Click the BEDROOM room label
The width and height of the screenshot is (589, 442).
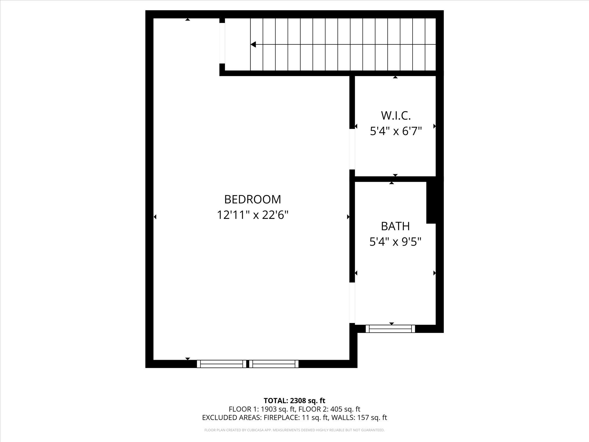click(253, 199)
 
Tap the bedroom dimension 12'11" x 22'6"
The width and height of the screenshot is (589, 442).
click(252, 215)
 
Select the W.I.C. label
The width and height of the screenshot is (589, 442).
click(396, 116)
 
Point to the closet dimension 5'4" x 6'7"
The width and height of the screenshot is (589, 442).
click(396, 131)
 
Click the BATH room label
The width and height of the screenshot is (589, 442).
click(395, 226)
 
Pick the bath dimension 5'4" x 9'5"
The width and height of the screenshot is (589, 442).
click(395, 242)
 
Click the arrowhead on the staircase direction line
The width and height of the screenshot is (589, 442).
click(253, 44)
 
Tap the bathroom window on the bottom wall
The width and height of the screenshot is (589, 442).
click(390, 329)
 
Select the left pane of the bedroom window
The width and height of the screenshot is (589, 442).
click(221, 364)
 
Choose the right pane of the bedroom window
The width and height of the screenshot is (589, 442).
click(274, 364)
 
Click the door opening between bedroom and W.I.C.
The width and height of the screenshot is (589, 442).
click(352, 149)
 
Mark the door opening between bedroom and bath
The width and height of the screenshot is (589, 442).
click(352, 303)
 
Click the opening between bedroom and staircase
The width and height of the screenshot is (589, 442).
click(222, 43)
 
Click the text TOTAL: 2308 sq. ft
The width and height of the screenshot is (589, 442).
click(294, 401)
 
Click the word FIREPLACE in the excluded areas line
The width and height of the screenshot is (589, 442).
click(281, 418)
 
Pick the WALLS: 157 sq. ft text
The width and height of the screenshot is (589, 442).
click(359, 418)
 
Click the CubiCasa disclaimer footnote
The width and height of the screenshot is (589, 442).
click(294, 430)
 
